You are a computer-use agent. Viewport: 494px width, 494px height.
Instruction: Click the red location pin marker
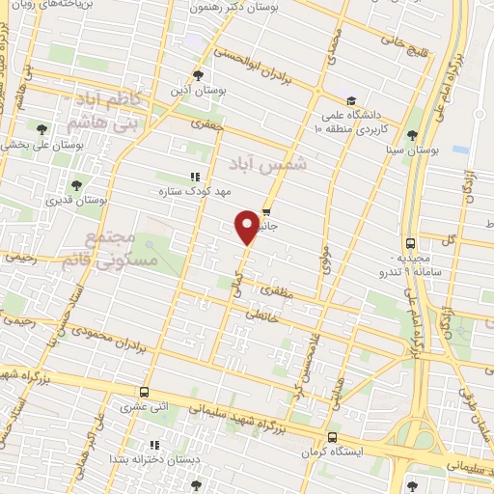point(248,227)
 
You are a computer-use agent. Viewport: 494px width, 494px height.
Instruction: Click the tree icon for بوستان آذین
point(198,74)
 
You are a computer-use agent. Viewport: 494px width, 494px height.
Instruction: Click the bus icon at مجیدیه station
point(412,243)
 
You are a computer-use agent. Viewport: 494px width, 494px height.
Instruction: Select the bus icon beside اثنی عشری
point(145,393)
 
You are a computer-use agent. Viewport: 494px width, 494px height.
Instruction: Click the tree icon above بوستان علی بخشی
point(41,128)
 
